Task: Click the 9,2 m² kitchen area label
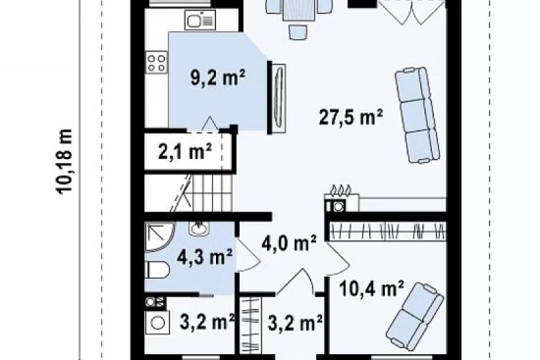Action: (x=218, y=78)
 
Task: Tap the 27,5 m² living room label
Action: (x=351, y=117)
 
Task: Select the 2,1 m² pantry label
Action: (x=185, y=152)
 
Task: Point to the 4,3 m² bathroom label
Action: (x=205, y=257)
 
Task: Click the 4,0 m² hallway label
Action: (x=289, y=244)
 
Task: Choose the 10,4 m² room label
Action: (x=372, y=289)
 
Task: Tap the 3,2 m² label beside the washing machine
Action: (x=207, y=322)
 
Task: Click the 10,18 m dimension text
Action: (x=64, y=162)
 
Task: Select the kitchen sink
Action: (x=200, y=20)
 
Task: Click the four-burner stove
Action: (x=156, y=62)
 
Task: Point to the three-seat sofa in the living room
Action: (x=417, y=115)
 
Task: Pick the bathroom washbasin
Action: (x=199, y=228)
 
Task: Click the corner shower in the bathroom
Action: (x=160, y=237)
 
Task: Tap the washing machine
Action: (x=157, y=323)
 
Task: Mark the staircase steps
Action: (x=206, y=192)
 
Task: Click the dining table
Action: (x=299, y=10)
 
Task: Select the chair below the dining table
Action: (x=298, y=32)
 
